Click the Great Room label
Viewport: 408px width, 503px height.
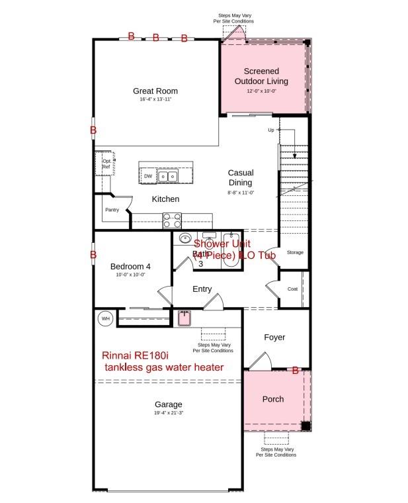155,91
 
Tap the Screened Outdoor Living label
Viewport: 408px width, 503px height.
261,76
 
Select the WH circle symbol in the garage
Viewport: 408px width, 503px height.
104,319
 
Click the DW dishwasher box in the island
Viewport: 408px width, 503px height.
147,176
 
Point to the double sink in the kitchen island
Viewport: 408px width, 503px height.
167,176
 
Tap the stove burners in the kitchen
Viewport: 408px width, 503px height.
172,220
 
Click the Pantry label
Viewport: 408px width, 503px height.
112,210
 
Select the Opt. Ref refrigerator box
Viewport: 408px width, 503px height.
106,163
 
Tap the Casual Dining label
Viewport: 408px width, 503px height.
241,177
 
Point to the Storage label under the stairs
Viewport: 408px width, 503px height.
295,252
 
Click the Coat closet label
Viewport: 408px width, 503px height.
292,289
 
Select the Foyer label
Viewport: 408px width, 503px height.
274,338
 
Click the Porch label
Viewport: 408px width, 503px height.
273,399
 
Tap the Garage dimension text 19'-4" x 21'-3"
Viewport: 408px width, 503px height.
168,413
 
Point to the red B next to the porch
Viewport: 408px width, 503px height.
296,371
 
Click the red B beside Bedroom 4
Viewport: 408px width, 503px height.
93,254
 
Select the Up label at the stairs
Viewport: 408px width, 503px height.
270,130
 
